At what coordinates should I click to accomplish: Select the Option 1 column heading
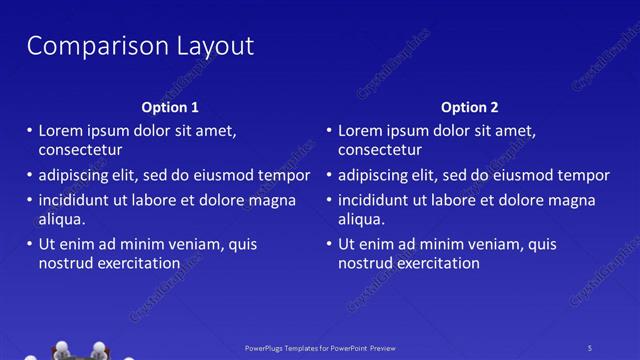click(x=169, y=107)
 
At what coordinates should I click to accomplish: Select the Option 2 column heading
click(x=469, y=107)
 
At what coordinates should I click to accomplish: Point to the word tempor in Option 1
click(x=284, y=175)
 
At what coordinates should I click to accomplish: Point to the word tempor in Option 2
click(x=584, y=175)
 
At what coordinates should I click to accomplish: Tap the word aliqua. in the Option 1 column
click(x=62, y=219)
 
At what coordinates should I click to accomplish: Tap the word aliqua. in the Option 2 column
click(x=362, y=219)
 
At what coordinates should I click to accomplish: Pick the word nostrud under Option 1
click(x=66, y=264)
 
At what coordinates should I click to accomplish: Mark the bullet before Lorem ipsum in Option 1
click(x=28, y=131)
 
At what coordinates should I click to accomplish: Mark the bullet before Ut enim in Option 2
click(x=328, y=244)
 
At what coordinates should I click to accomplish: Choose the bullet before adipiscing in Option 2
click(x=328, y=176)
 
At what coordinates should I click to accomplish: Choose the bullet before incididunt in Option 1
click(x=28, y=200)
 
